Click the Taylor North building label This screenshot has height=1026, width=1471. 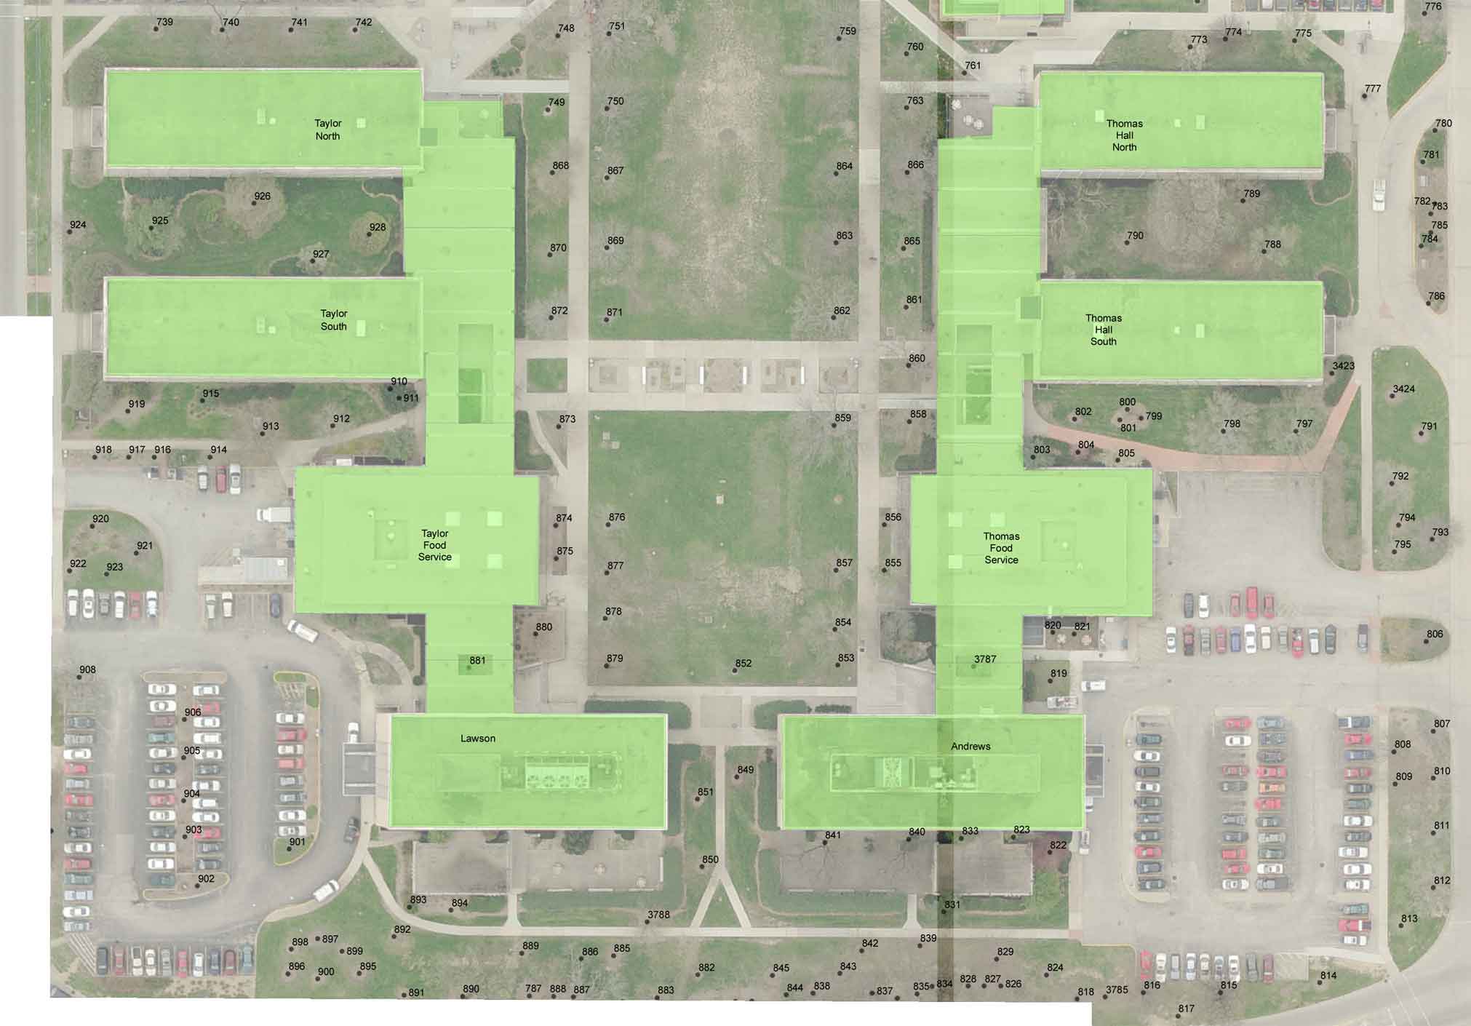point(327,130)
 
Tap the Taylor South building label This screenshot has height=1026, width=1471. point(334,320)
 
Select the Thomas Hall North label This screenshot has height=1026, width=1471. point(1124,135)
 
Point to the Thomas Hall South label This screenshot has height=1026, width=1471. point(1103,330)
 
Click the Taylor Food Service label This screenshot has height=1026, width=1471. point(434,545)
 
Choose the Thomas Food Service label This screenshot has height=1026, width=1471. point(1001,548)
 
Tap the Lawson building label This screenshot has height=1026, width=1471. point(477,739)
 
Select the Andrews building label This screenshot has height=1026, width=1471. point(970,747)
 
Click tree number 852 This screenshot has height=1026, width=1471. point(735,670)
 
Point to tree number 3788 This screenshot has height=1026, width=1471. point(647,922)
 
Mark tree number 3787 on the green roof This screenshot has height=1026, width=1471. point(974,667)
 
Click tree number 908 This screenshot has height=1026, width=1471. point(79,677)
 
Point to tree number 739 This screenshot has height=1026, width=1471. point(156,29)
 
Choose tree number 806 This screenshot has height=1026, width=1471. point(1426,641)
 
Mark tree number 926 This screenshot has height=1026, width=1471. point(254,203)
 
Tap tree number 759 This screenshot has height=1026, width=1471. point(839,38)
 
